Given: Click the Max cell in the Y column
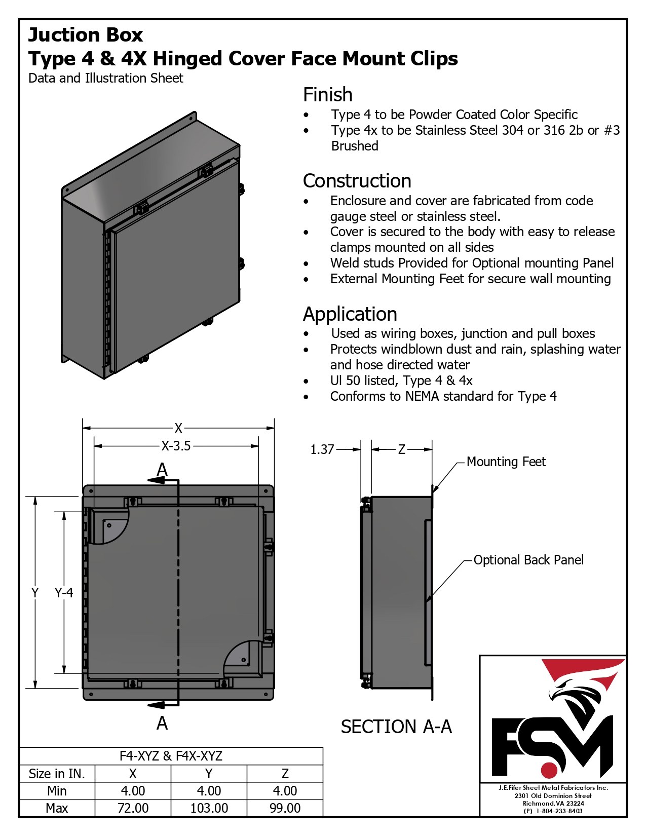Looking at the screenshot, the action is point(209,808).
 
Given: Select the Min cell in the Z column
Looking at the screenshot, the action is point(285,790).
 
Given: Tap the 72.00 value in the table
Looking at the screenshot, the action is point(133,808).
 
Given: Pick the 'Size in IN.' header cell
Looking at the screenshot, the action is point(57,773).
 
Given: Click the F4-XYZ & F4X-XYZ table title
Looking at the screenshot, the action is point(171,756).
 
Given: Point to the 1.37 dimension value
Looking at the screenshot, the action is point(322,449).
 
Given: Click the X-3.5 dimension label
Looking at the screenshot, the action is point(176,446).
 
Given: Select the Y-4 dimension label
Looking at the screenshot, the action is point(63,592).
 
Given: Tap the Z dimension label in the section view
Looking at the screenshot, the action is point(401,449).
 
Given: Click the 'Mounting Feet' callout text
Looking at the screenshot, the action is point(506,462).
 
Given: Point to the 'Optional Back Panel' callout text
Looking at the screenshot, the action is point(528,560).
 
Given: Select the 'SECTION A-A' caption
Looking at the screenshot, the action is point(396,727).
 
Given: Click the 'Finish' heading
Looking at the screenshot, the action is point(328,95).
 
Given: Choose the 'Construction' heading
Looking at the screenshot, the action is point(357,181).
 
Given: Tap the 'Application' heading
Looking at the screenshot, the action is point(350,314).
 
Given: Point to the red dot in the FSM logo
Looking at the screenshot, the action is point(549,770).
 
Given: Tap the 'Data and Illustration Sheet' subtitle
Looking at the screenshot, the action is point(106,78).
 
